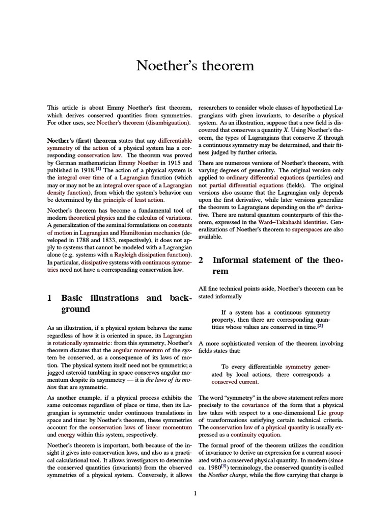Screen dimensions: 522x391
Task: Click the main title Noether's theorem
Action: [195, 66]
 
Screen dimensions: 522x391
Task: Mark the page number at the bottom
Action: [195, 493]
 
